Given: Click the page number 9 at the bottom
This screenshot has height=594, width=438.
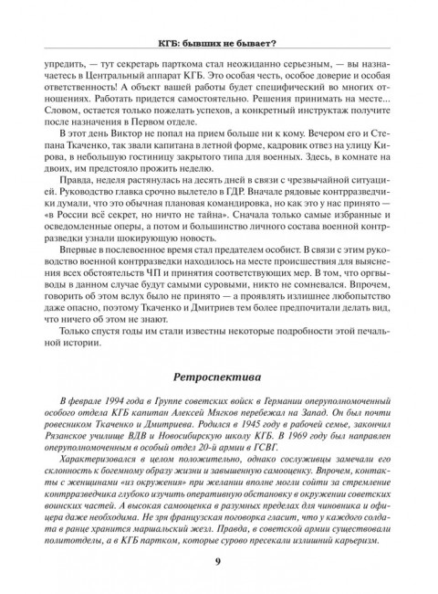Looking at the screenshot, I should point(218,560).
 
